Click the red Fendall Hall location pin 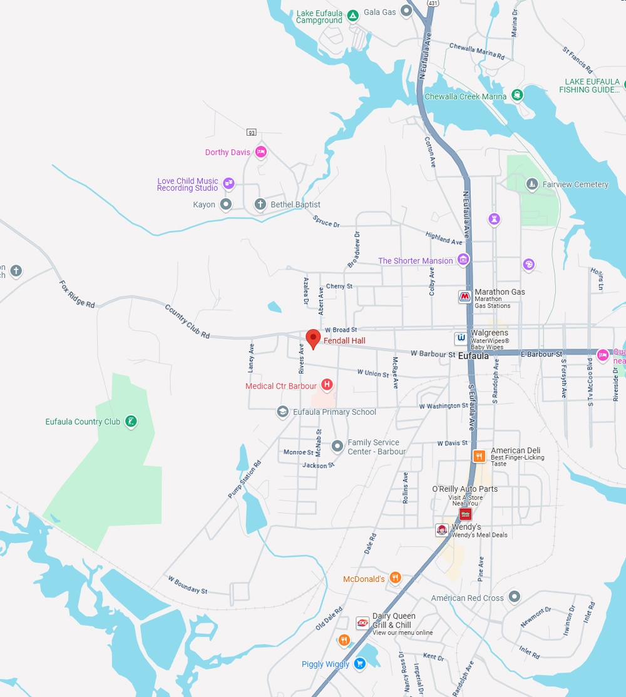click(x=313, y=338)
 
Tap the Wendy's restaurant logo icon click(x=442, y=530)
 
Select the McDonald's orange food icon click(x=395, y=578)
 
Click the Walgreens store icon click(x=461, y=338)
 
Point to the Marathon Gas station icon click(x=464, y=297)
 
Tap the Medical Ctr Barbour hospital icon click(x=326, y=385)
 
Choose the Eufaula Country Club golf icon click(x=130, y=421)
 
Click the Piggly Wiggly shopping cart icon click(x=359, y=663)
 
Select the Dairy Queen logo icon click(x=362, y=623)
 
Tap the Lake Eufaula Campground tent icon click(x=352, y=15)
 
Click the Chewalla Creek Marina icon click(x=517, y=95)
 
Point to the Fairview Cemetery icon click(x=531, y=184)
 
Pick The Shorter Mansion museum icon click(x=463, y=260)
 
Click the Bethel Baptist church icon click(x=260, y=204)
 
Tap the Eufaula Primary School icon click(x=283, y=412)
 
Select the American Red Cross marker click(x=514, y=596)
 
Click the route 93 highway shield click(x=252, y=132)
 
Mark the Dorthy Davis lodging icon click(x=261, y=151)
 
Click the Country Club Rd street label click(x=187, y=322)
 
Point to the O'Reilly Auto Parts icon click(x=465, y=514)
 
